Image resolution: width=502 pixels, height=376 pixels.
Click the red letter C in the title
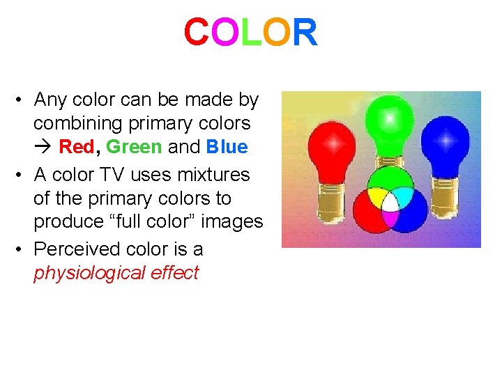coord(196,33)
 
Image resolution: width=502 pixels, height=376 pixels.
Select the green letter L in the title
coord(251,33)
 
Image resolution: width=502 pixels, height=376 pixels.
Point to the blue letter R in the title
coord(305,33)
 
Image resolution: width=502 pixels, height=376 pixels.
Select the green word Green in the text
coord(134,147)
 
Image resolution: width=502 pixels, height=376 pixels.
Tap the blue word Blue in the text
coord(227,147)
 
